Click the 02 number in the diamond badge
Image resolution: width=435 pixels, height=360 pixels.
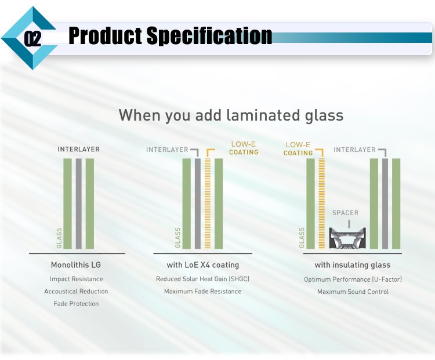(x=32, y=39)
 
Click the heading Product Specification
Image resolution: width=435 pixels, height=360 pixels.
(x=170, y=36)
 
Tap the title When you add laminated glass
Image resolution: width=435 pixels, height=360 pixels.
(x=231, y=115)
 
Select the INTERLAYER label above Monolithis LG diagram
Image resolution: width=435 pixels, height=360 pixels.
(x=78, y=150)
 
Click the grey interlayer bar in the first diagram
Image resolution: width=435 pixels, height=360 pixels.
(x=78, y=203)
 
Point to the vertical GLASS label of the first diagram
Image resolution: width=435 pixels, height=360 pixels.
(x=59, y=238)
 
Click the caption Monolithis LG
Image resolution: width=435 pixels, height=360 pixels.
(x=76, y=266)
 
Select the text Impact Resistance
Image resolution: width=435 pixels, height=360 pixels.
(x=76, y=279)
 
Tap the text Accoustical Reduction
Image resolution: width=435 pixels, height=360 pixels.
(x=76, y=292)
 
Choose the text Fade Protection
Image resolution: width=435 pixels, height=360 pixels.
(x=76, y=304)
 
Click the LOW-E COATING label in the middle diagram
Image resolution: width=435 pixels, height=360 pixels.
(x=244, y=148)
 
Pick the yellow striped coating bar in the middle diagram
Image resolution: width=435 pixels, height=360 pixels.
(x=208, y=203)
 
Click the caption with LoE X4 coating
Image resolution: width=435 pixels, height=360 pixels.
(x=202, y=266)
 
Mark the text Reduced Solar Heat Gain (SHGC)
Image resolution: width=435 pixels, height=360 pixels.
(x=202, y=279)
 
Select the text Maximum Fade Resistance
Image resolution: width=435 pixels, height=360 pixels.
(x=202, y=292)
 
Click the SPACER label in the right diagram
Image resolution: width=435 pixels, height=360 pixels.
(x=345, y=213)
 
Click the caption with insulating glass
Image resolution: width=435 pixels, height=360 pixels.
(x=353, y=266)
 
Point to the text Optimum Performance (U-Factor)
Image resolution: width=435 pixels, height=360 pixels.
(x=353, y=279)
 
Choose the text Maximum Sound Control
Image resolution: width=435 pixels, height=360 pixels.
(x=353, y=292)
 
